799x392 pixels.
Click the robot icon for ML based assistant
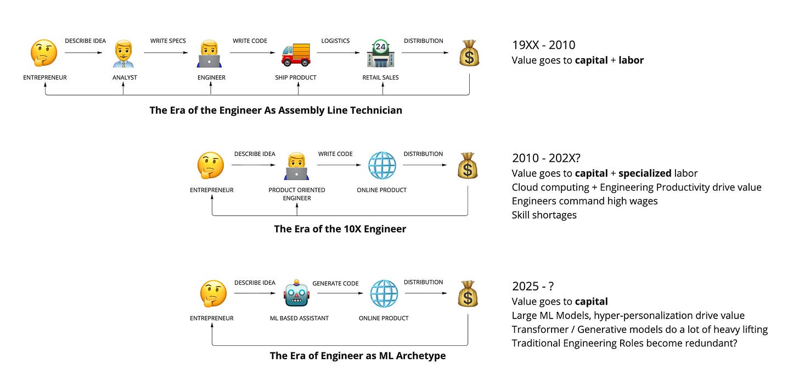[x=297, y=294]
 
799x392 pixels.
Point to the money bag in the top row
[x=469, y=54]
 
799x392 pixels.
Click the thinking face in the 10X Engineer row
[x=211, y=165]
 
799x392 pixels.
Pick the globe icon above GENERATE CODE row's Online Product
[x=384, y=294]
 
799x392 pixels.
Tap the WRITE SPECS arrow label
[x=168, y=41]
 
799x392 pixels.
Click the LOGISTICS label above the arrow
[x=335, y=41]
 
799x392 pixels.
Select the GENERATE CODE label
[x=335, y=283]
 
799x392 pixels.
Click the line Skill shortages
[x=544, y=215]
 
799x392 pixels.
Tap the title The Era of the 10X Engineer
[x=340, y=229]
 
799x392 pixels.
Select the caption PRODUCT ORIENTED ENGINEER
[x=297, y=194]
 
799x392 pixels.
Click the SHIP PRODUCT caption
[x=296, y=77]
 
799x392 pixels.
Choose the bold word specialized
[x=645, y=173]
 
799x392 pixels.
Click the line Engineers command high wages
[x=584, y=201]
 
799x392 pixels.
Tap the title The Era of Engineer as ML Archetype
[x=358, y=356]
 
